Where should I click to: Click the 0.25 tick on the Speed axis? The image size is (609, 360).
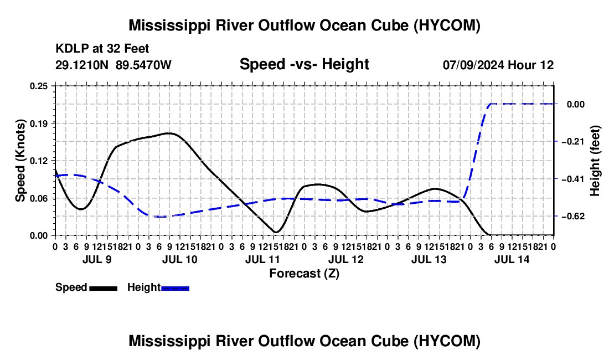click(39, 86)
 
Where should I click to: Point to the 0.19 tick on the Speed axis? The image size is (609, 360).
click(39, 124)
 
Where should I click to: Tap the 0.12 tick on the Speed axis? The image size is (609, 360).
click(39, 161)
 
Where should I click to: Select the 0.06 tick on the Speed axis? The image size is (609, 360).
click(39, 198)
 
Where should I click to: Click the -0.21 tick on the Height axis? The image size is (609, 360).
click(573, 141)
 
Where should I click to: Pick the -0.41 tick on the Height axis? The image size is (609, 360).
click(573, 179)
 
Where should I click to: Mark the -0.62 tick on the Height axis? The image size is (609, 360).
click(573, 217)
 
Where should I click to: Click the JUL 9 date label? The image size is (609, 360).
click(97, 259)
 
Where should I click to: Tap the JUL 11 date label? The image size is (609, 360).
click(262, 259)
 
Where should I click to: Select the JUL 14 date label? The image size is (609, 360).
click(512, 259)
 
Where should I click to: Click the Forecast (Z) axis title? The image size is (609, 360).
click(304, 274)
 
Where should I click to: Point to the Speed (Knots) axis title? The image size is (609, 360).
click(20, 161)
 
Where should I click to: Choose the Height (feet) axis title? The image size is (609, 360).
click(595, 161)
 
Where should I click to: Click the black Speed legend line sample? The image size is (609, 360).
click(104, 289)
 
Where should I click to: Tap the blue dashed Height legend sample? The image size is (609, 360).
click(175, 289)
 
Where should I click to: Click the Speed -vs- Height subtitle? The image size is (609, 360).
click(304, 64)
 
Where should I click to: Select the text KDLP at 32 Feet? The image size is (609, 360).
click(102, 49)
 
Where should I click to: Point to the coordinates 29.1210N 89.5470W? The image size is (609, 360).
click(113, 65)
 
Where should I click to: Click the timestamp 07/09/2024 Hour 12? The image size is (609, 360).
click(498, 65)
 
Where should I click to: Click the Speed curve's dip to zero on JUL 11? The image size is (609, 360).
click(276, 232)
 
